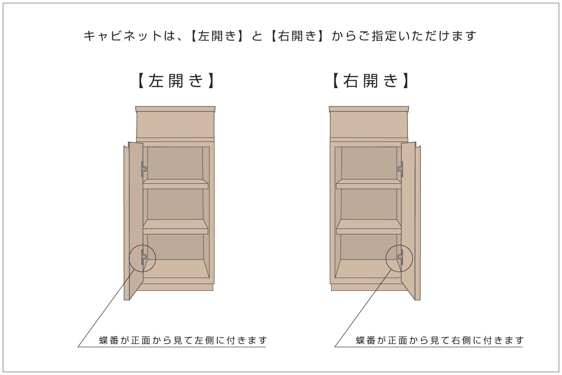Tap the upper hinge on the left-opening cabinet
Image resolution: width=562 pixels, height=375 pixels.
click(x=144, y=168)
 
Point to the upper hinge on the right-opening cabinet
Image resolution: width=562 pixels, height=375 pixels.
click(x=400, y=168)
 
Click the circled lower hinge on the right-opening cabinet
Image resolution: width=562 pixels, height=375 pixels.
click(x=400, y=257)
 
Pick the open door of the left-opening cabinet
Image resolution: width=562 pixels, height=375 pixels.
click(x=133, y=220)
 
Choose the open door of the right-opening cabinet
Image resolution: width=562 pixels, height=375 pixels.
click(x=410, y=220)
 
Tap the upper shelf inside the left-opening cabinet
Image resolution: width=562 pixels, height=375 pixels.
click(x=175, y=184)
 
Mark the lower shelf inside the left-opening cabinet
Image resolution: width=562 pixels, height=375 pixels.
click(x=175, y=227)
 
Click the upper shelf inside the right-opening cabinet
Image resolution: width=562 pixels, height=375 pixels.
click(x=369, y=184)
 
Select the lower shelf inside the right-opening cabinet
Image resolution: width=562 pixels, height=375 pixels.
click(x=369, y=227)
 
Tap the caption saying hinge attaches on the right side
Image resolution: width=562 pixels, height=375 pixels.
click(x=439, y=340)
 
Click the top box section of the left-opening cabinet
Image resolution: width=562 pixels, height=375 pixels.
click(x=175, y=125)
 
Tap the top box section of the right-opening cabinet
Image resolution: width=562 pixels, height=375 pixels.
click(x=369, y=125)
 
